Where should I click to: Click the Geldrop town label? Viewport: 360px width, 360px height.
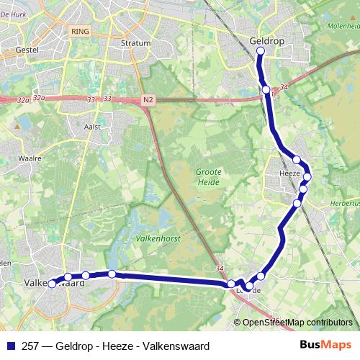(266, 41)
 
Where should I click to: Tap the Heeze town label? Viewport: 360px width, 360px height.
(289, 174)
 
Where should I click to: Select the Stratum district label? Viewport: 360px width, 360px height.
(136, 42)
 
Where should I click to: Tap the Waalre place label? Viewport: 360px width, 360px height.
(28, 155)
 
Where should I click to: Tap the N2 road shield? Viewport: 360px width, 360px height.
(149, 99)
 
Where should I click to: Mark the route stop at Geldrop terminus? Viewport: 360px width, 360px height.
(261, 51)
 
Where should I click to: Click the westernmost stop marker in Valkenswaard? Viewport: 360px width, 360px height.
(52, 284)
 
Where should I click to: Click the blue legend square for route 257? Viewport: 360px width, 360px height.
(9, 344)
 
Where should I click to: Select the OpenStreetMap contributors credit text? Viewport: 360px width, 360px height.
(297, 323)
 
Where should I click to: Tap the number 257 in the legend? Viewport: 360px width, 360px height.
(30, 344)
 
